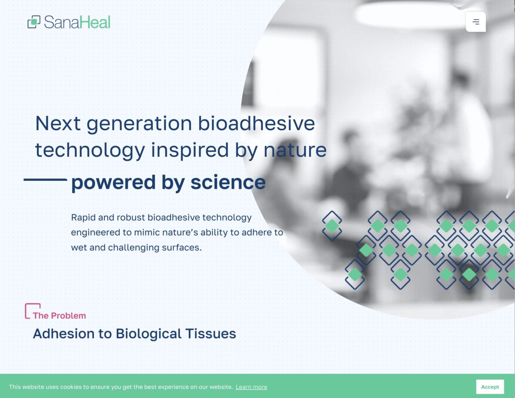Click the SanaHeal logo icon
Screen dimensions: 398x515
click(x=34, y=22)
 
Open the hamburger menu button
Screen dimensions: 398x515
click(x=476, y=22)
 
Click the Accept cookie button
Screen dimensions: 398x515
click(x=490, y=387)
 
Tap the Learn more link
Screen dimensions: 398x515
click(x=251, y=387)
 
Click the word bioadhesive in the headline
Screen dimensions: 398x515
click(x=256, y=124)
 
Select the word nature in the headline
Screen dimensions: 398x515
click(x=295, y=150)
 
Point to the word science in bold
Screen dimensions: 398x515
click(x=228, y=182)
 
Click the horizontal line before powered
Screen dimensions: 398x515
click(x=45, y=179)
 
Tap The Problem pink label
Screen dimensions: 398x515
click(x=59, y=316)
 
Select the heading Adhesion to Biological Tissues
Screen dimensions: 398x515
click(x=134, y=334)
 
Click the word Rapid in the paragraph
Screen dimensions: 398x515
click(x=83, y=218)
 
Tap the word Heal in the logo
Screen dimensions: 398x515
click(x=95, y=22)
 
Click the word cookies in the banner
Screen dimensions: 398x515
click(x=71, y=387)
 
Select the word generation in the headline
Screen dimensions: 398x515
click(x=139, y=124)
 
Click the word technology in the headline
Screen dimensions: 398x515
click(x=90, y=150)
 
